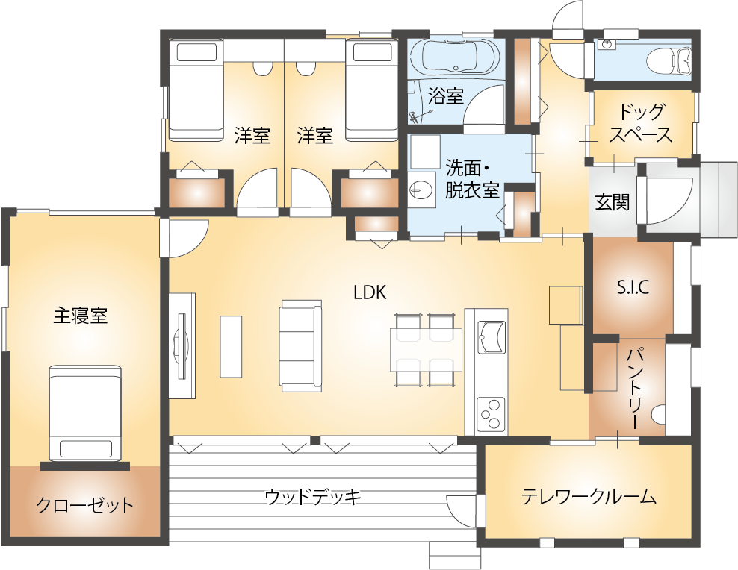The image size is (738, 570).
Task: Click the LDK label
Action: (370, 292)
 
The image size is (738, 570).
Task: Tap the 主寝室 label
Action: (81, 316)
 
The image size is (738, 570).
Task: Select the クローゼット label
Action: (85, 506)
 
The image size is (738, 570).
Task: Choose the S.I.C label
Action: (633, 287)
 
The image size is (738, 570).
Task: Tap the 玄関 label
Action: (613, 202)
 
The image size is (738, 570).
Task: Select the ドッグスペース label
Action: (641, 123)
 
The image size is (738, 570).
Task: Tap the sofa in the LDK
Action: (301, 346)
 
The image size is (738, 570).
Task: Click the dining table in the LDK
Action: (426, 350)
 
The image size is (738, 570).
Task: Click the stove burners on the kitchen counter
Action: (492, 413)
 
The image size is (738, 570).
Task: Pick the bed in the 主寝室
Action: (85, 413)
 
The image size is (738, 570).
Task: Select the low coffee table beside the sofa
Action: (231, 346)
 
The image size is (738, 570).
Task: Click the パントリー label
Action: (633, 389)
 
